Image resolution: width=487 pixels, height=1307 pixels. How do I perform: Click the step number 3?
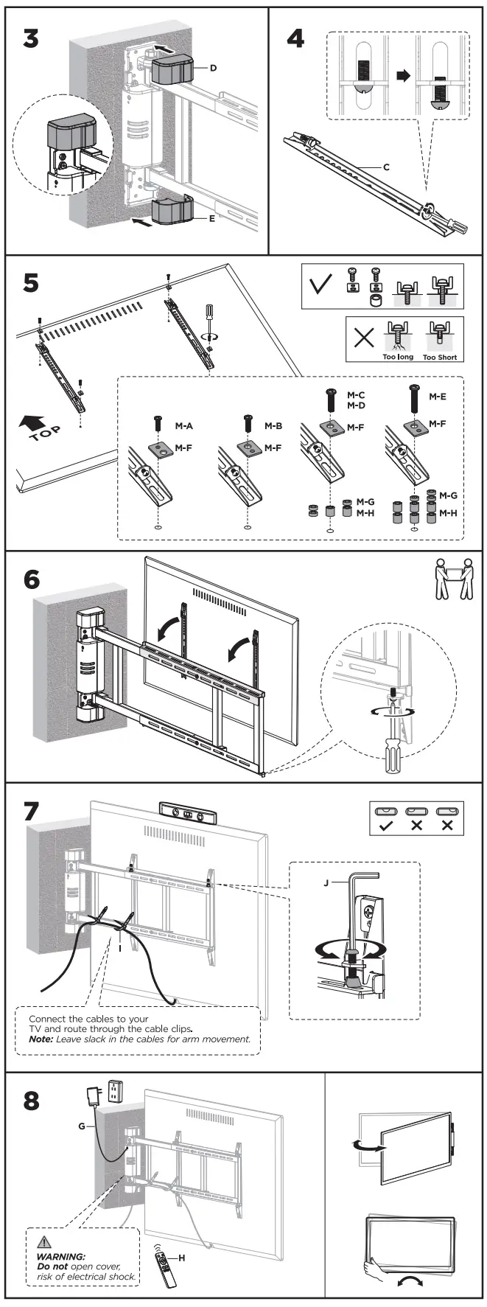pyautogui.click(x=30, y=38)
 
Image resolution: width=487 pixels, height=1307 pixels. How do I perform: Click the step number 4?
pyautogui.click(x=295, y=38)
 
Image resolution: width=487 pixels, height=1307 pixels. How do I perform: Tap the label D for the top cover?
pyautogui.click(x=213, y=68)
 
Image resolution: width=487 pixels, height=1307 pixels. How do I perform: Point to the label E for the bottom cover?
pyautogui.click(x=212, y=218)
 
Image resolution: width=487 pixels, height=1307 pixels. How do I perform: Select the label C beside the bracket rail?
pyautogui.click(x=386, y=167)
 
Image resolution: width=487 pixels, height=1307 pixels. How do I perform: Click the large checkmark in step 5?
pyautogui.click(x=321, y=285)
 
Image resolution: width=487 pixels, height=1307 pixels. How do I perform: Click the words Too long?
pyautogui.click(x=398, y=358)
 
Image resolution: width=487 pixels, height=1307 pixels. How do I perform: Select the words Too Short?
pyautogui.click(x=440, y=358)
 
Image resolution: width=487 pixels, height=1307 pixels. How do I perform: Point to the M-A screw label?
pyautogui.click(x=183, y=426)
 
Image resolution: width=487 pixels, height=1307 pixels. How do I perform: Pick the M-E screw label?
pyautogui.click(x=437, y=397)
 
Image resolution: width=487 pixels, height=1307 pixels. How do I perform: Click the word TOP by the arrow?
pyautogui.click(x=45, y=433)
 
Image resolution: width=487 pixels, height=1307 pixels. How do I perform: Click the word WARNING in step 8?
pyautogui.click(x=61, y=1256)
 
